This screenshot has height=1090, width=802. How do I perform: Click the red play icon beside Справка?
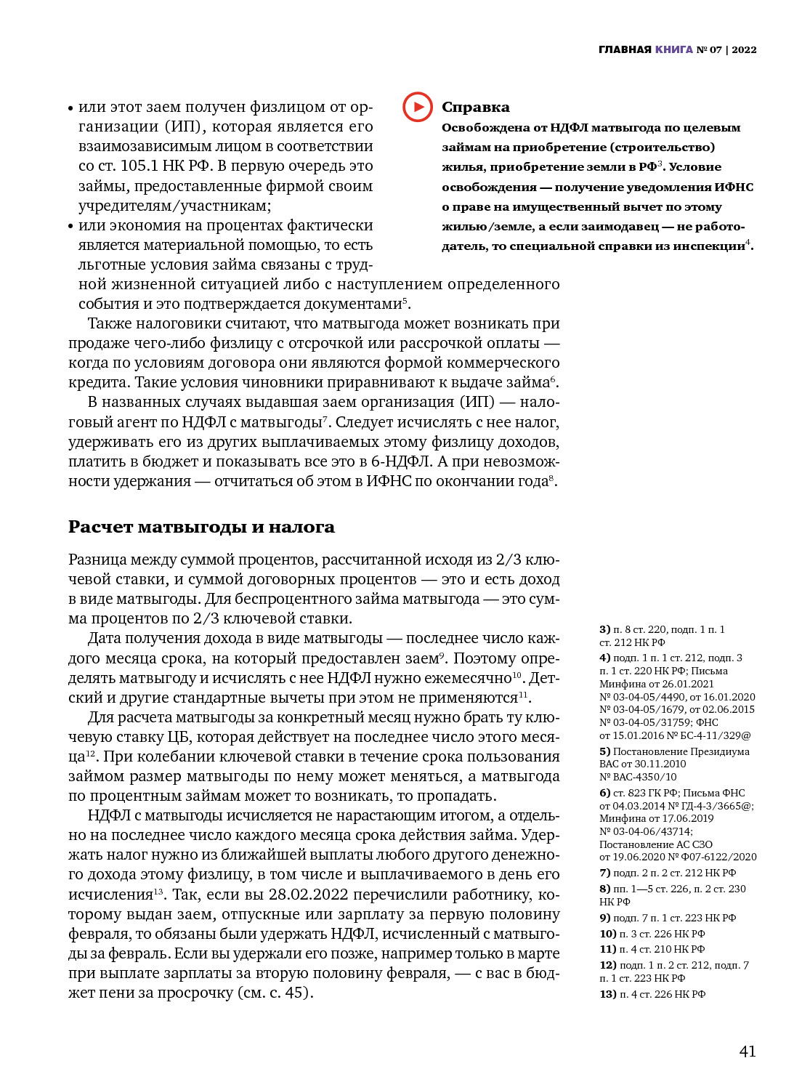tap(417, 107)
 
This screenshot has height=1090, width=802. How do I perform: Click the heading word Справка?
tap(475, 108)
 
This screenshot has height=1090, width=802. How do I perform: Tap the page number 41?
tap(747, 1051)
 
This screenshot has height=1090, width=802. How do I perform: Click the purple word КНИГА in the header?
tap(673, 49)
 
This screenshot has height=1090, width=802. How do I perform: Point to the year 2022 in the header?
tap(744, 49)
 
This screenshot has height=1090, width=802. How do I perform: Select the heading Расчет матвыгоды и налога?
tap(201, 527)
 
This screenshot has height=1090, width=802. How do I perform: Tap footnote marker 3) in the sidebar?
tap(604, 629)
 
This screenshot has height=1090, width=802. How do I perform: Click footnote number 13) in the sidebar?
tap(607, 994)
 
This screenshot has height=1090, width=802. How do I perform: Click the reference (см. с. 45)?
tap(275, 993)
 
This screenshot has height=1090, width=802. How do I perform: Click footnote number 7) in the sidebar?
tap(604, 873)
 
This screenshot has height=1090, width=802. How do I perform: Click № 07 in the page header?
tap(709, 49)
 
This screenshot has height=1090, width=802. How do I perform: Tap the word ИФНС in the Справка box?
tap(734, 187)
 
